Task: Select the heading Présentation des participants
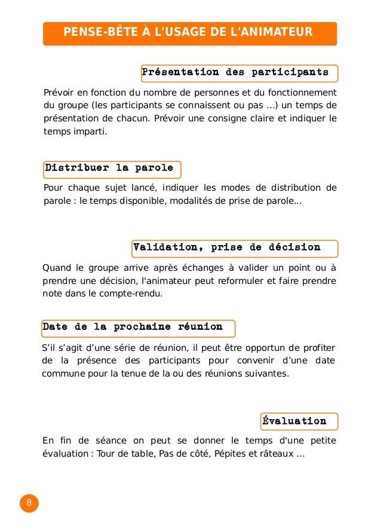coord(235,73)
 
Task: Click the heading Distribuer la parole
coord(109,169)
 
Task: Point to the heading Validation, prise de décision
coord(227,247)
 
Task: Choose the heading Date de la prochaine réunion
coord(133,328)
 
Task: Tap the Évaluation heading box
coord(294,421)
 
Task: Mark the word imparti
coord(90,132)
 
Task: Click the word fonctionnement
coord(302,93)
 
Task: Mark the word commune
coord(62,374)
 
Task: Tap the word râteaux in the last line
coord(275,454)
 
